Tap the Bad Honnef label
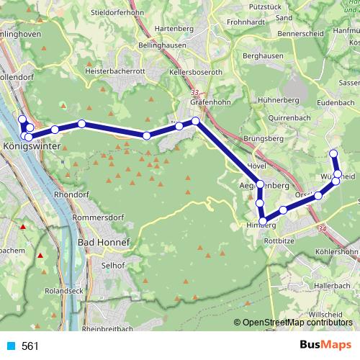(x=104, y=243)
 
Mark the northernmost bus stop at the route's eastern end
(x=333, y=153)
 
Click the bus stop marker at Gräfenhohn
(x=195, y=122)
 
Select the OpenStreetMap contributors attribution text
(x=297, y=322)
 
